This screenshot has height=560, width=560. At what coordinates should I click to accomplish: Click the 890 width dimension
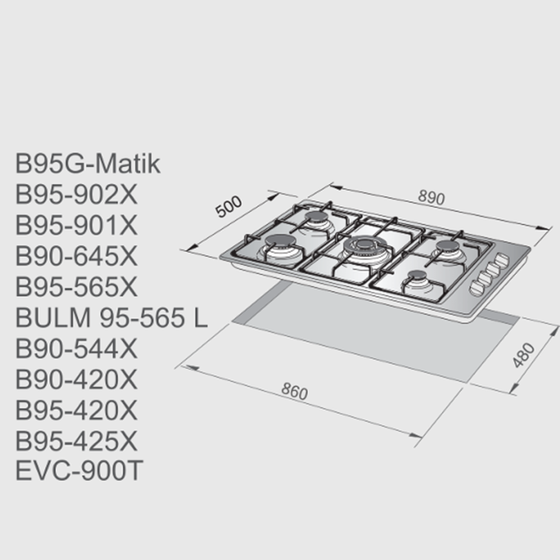tap(431, 198)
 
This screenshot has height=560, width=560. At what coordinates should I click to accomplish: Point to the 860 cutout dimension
tap(294, 392)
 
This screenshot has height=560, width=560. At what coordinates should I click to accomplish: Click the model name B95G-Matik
tap(88, 164)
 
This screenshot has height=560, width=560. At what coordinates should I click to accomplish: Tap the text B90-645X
tap(77, 256)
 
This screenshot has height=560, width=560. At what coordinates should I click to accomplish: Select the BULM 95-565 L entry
tap(112, 318)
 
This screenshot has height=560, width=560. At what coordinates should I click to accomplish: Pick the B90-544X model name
tap(77, 349)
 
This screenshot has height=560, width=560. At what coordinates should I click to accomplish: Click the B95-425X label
tap(77, 441)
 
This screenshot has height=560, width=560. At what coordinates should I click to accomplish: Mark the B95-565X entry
tap(77, 286)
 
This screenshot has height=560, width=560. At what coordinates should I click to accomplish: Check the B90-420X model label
tap(77, 379)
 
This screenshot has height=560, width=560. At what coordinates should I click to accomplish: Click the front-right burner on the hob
tap(418, 280)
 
